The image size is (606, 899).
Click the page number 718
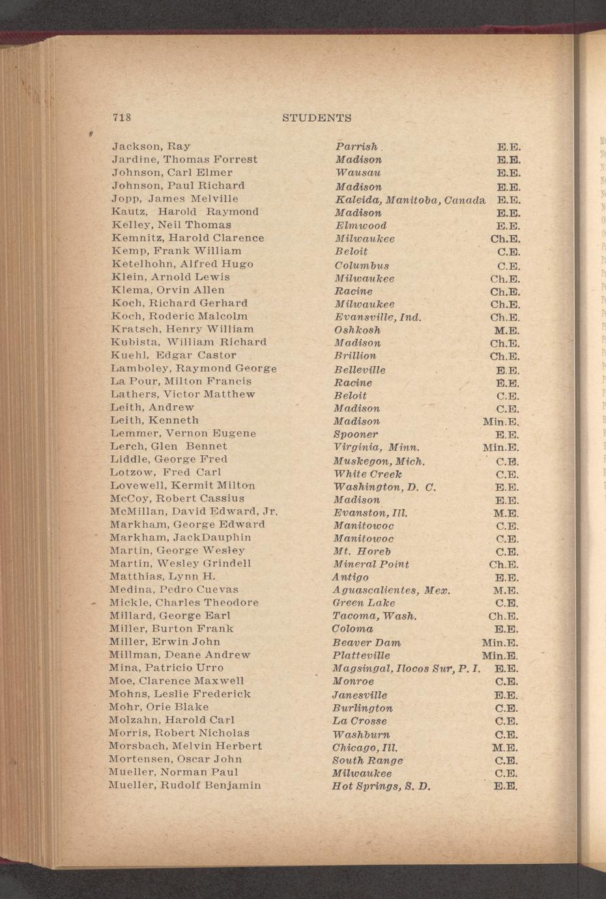point(122,118)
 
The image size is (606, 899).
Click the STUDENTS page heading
point(317,118)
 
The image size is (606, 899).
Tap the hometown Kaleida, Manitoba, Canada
point(410,199)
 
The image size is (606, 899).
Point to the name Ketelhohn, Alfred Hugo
point(182,264)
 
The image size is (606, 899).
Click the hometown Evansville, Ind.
point(378,317)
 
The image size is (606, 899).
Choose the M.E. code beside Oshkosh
point(506,330)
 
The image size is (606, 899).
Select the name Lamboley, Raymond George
point(194,369)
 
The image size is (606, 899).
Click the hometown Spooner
point(356,435)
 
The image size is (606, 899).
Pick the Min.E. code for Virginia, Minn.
point(500,448)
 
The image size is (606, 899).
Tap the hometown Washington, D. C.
point(384,487)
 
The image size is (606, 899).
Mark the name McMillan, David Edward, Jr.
point(194,511)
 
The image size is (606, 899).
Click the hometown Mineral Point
point(371,564)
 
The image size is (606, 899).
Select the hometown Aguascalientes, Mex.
point(392,591)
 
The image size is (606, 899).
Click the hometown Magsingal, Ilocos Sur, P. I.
point(407,669)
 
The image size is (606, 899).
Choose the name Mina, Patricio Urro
point(166,668)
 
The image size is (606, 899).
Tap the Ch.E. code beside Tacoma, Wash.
point(503,616)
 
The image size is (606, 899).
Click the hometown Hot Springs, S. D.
point(381,786)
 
